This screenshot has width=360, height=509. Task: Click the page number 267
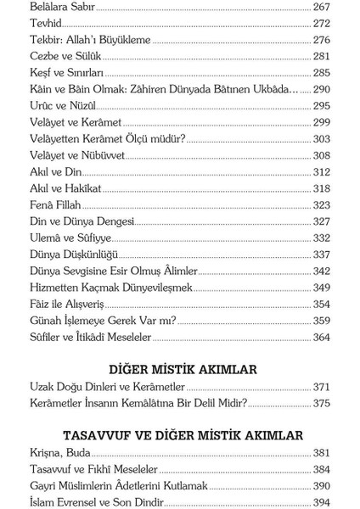(x=321, y=7)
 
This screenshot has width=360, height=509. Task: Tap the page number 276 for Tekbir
(x=321, y=40)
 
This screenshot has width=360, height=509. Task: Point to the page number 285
(x=321, y=72)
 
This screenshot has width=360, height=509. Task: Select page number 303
(x=321, y=138)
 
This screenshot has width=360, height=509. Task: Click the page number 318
(x=321, y=188)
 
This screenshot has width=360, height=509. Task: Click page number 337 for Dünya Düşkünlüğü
(x=321, y=254)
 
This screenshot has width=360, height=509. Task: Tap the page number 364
(x=321, y=337)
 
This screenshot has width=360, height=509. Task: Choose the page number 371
(x=321, y=387)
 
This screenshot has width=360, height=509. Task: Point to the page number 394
(x=321, y=501)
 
